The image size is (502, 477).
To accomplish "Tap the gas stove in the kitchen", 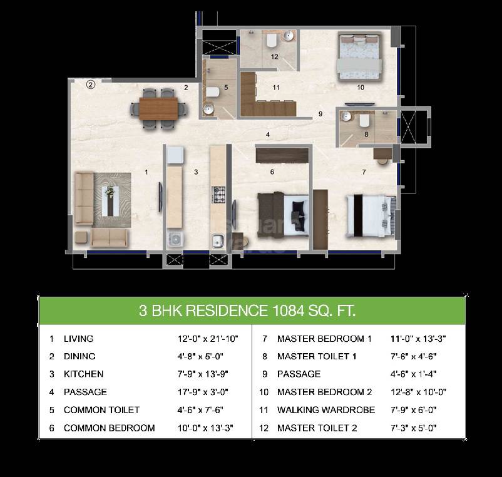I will (218, 194).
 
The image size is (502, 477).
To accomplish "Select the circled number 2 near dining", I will (90, 86).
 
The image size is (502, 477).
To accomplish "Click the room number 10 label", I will (361, 87).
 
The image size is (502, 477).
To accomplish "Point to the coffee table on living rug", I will (112, 200).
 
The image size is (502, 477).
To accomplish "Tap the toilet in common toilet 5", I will (212, 92).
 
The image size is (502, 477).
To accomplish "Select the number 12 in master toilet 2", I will (274, 56).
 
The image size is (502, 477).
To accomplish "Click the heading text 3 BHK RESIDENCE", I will (203, 310).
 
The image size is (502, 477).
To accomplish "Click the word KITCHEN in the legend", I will (83, 374).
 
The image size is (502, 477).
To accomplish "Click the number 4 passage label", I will (267, 135).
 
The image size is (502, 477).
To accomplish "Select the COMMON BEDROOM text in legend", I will (109, 428).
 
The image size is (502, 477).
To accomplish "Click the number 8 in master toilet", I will (366, 133).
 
